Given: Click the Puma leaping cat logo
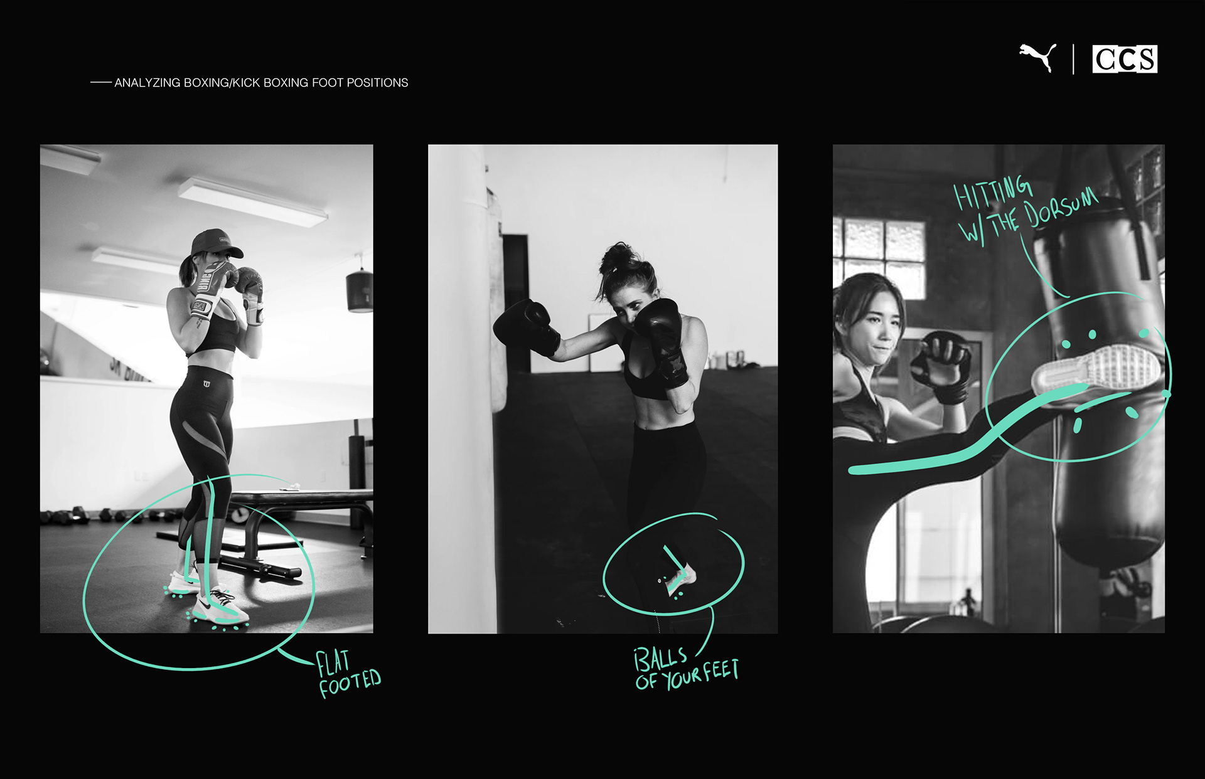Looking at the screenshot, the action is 1038,58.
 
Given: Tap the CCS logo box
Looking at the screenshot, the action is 1125,59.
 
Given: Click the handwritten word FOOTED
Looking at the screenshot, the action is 350,683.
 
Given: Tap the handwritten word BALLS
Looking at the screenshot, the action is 660,659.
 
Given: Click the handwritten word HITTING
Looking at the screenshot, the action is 992,192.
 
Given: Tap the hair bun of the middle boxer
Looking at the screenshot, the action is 616,257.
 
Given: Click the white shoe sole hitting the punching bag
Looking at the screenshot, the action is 1095,370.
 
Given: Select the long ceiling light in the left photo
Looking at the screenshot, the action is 253,200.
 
